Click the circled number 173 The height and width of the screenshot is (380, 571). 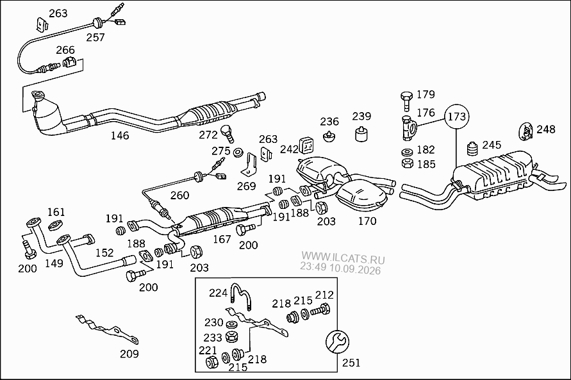456,117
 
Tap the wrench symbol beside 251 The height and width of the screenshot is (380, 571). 337,342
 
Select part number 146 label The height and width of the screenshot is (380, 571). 120,136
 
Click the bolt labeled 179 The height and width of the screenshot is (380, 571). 407,101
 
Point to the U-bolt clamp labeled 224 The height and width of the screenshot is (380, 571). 241,297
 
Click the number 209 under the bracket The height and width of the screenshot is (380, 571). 129,354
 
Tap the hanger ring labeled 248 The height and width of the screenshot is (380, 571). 525,131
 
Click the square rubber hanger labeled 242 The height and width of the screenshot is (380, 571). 307,146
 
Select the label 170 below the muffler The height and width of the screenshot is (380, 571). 367,221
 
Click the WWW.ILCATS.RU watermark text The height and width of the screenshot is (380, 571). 343,258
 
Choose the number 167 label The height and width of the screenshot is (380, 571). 222,239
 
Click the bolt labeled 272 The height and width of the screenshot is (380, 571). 228,133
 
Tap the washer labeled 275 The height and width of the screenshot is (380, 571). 238,152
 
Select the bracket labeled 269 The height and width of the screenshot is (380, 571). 249,164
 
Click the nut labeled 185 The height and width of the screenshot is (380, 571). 407,162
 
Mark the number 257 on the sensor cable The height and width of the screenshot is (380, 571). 95,38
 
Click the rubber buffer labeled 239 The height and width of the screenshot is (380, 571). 361,134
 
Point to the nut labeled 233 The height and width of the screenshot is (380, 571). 230,336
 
